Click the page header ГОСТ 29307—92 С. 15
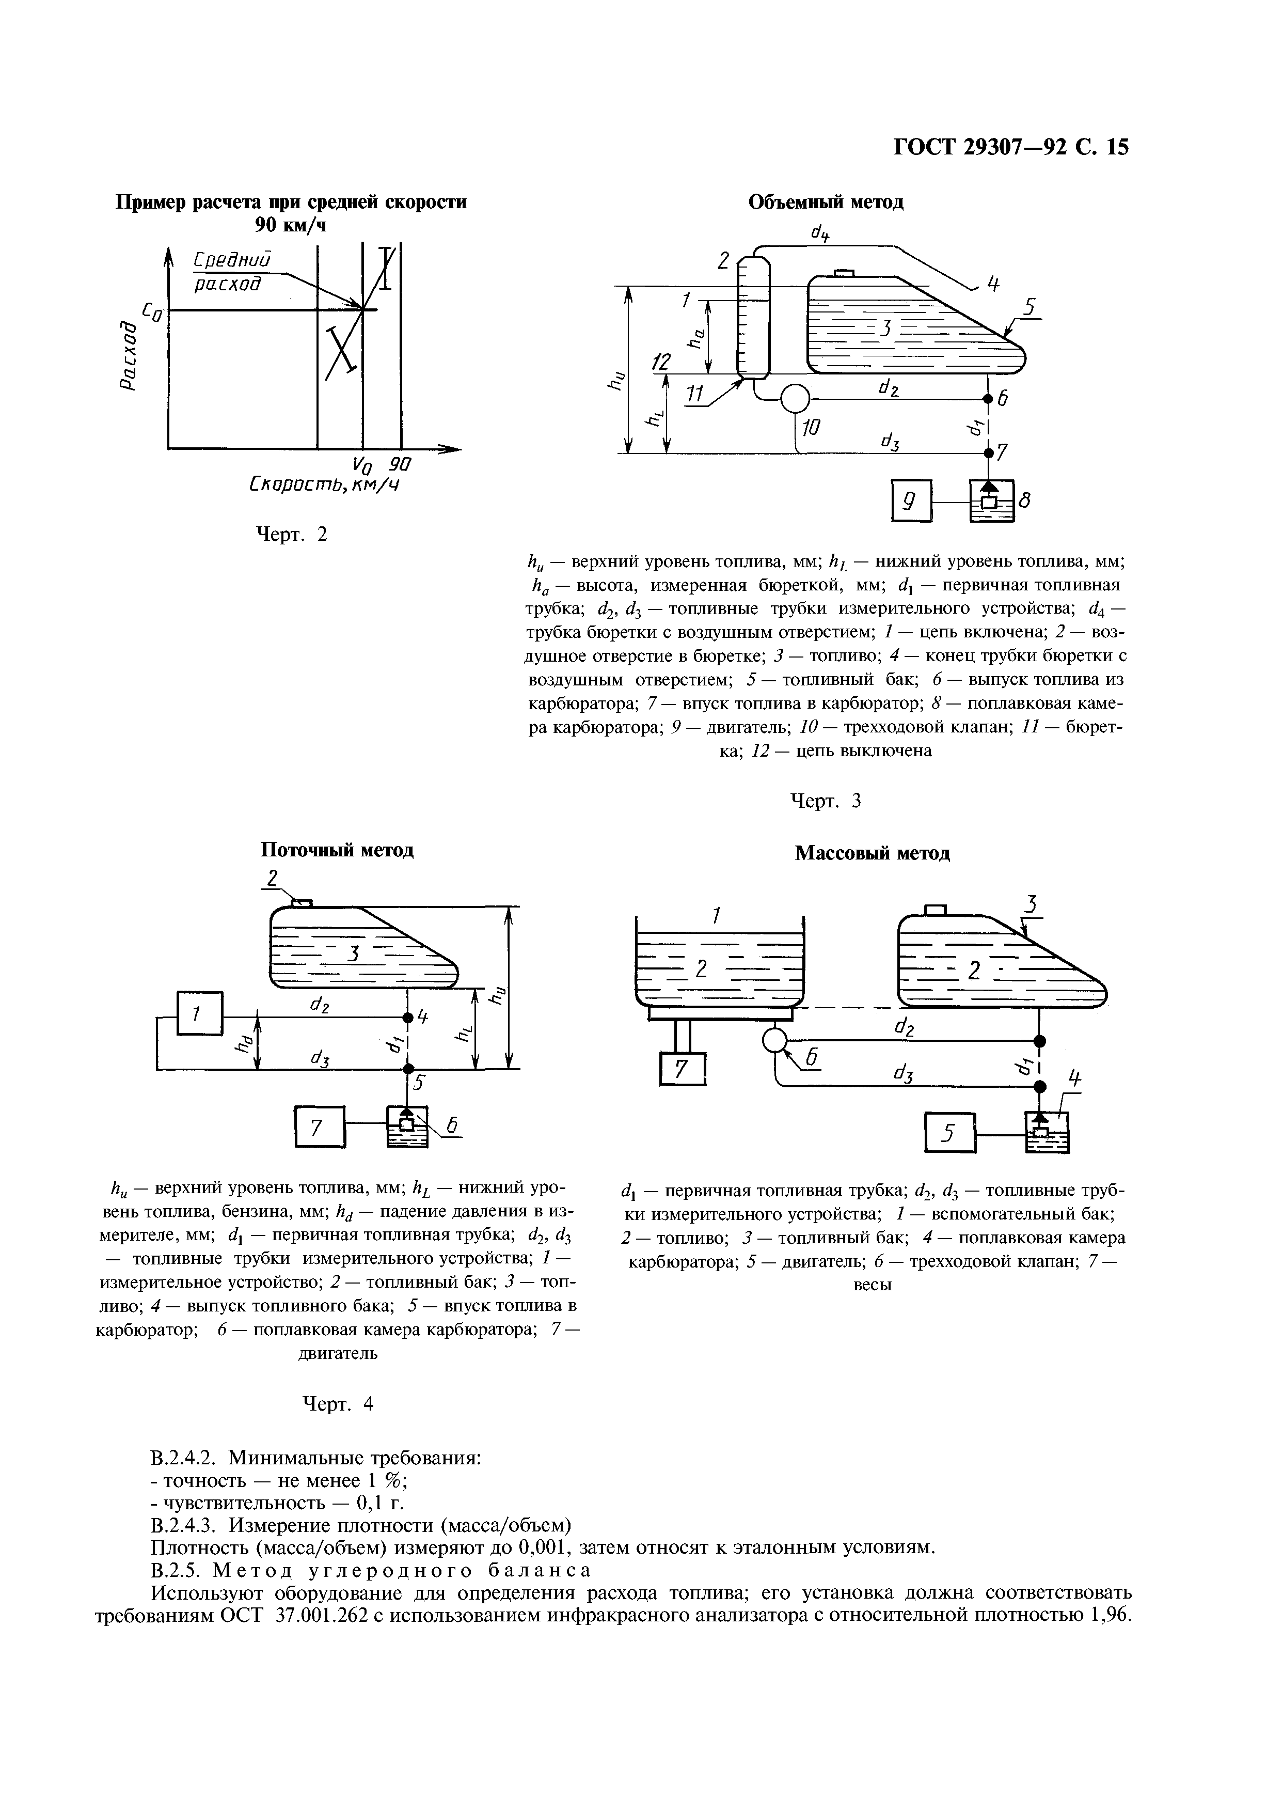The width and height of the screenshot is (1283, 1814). (1011, 148)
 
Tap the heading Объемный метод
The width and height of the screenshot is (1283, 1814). (826, 202)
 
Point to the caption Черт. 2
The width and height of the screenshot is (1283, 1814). (292, 535)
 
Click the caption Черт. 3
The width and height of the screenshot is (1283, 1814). (826, 802)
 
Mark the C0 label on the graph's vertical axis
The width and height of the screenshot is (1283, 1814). (152, 311)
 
